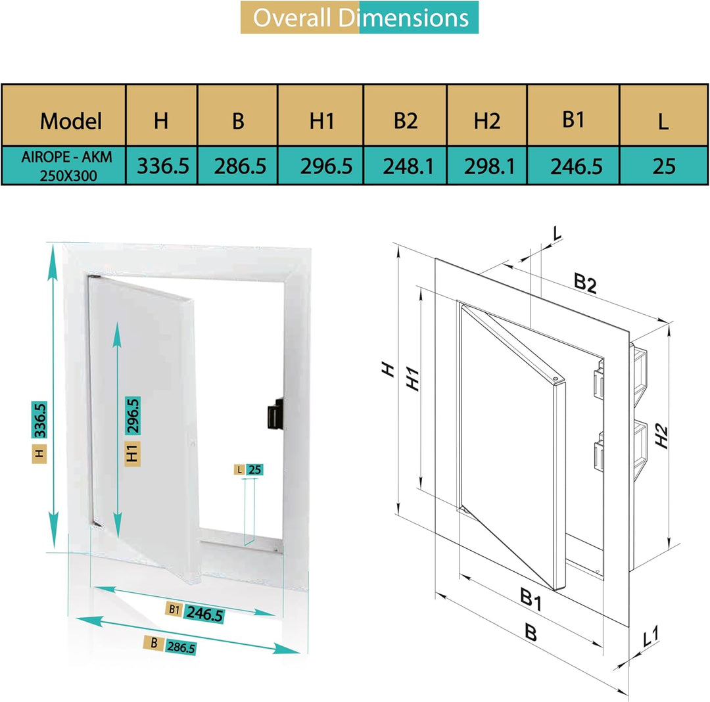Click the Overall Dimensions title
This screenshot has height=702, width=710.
[360, 18]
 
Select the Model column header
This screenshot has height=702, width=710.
[70, 121]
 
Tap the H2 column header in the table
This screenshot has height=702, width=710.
[486, 121]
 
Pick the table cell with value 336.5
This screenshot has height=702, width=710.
[163, 166]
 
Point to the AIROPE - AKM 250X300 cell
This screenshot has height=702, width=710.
[66, 166]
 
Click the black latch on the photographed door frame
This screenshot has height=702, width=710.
[275, 413]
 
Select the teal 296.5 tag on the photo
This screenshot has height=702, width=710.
[132, 415]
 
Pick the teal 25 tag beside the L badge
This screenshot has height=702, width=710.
[255, 470]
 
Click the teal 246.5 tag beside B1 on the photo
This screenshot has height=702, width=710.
[204, 614]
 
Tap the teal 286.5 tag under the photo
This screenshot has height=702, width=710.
[181, 647]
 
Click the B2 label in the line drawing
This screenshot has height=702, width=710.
[585, 283]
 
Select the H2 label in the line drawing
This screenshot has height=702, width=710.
[661, 436]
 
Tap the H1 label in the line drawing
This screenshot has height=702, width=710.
[412, 379]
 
